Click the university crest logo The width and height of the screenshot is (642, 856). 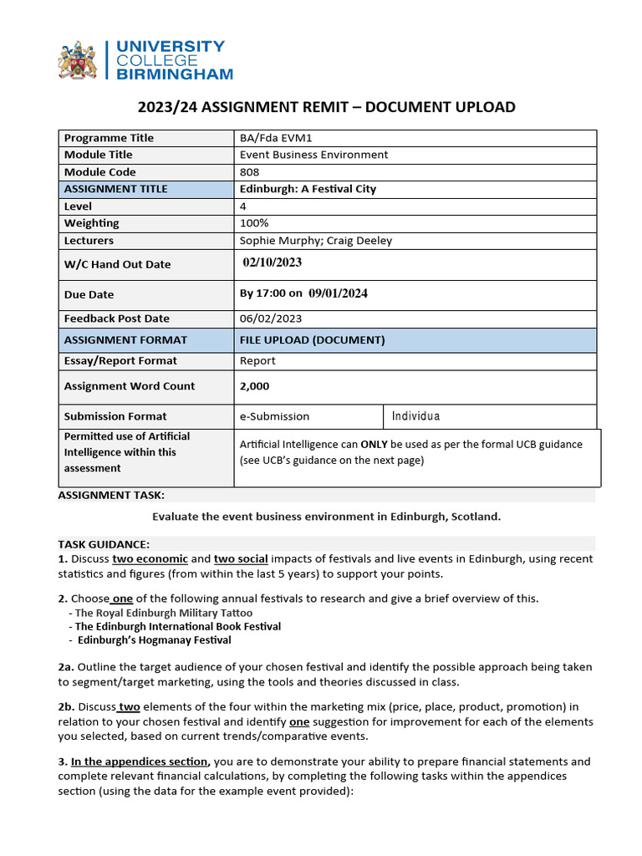[77, 60]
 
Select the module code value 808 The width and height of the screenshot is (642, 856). [249, 172]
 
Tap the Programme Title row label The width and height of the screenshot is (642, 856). [109, 138]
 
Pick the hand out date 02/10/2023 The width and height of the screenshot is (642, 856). [272, 262]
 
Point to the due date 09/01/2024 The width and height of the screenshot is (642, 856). [338, 293]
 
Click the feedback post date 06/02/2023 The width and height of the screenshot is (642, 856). [271, 318]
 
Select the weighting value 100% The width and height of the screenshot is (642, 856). [254, 223]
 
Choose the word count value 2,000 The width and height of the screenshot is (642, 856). [254, 386]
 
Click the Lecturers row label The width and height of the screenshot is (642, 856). [89, 241]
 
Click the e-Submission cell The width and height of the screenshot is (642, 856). [274, 416]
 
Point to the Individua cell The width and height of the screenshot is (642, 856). [415, 416]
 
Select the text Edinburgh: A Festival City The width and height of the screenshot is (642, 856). [308, 189]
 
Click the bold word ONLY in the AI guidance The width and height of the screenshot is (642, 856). [374, 445]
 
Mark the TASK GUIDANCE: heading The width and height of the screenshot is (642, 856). [104, 543]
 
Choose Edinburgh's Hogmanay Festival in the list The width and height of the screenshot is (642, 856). [154, 640]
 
